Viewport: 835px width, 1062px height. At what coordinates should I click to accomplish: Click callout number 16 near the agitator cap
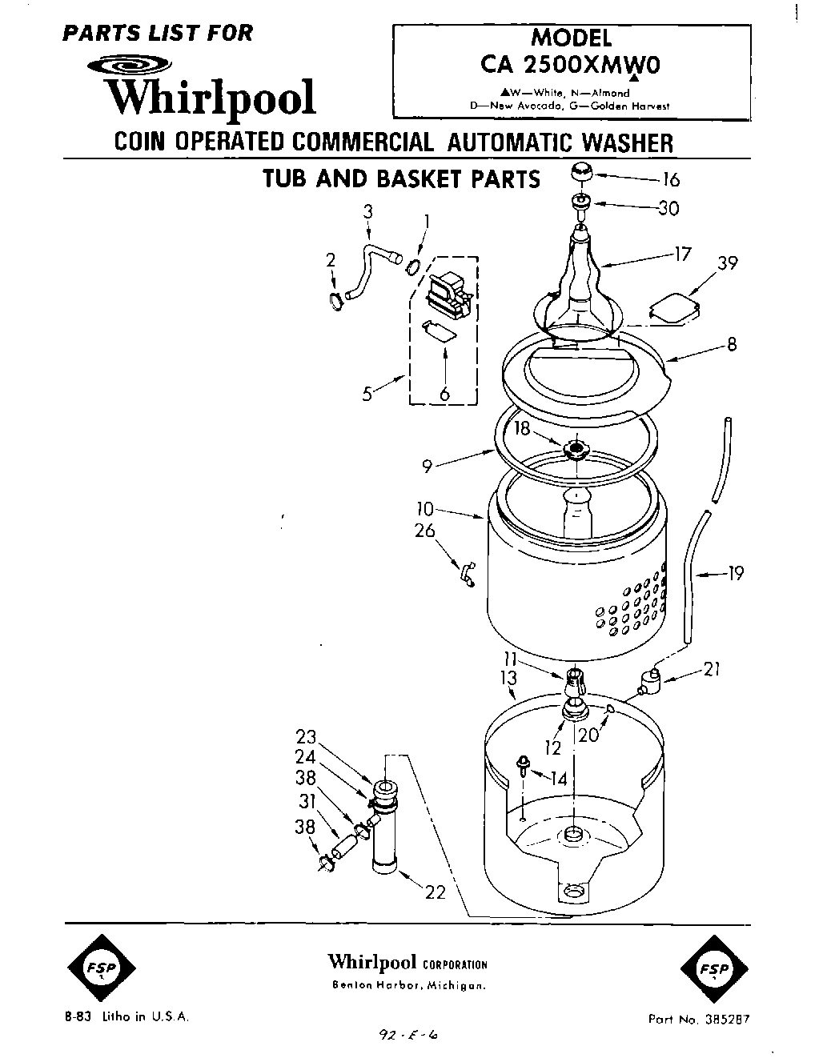coord(671,180)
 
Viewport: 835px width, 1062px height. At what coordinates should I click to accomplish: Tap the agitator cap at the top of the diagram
coord(582,174)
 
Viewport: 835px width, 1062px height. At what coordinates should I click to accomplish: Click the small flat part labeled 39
coord(673,309)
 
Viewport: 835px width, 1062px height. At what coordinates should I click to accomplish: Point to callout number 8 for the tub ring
coord(730,345)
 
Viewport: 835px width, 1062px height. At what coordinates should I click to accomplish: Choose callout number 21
coord(711,669)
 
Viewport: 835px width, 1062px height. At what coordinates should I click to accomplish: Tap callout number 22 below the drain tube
coord(434,892)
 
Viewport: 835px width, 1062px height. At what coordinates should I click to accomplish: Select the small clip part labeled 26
coord(465,573)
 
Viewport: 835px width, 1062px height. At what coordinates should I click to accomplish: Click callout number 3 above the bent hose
coord(367,211)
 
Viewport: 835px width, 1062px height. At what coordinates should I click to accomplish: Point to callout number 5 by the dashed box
coord(367,394)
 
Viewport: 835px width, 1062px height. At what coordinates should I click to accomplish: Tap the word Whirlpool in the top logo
coord(211,98)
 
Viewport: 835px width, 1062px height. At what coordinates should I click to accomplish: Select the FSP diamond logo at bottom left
coord(100,969)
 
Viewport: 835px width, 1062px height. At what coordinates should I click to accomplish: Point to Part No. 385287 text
coord(698,1020)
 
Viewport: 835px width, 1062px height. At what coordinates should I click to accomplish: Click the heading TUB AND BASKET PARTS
coord(402,178)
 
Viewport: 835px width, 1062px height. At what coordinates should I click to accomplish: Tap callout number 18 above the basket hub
coord(522,429)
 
